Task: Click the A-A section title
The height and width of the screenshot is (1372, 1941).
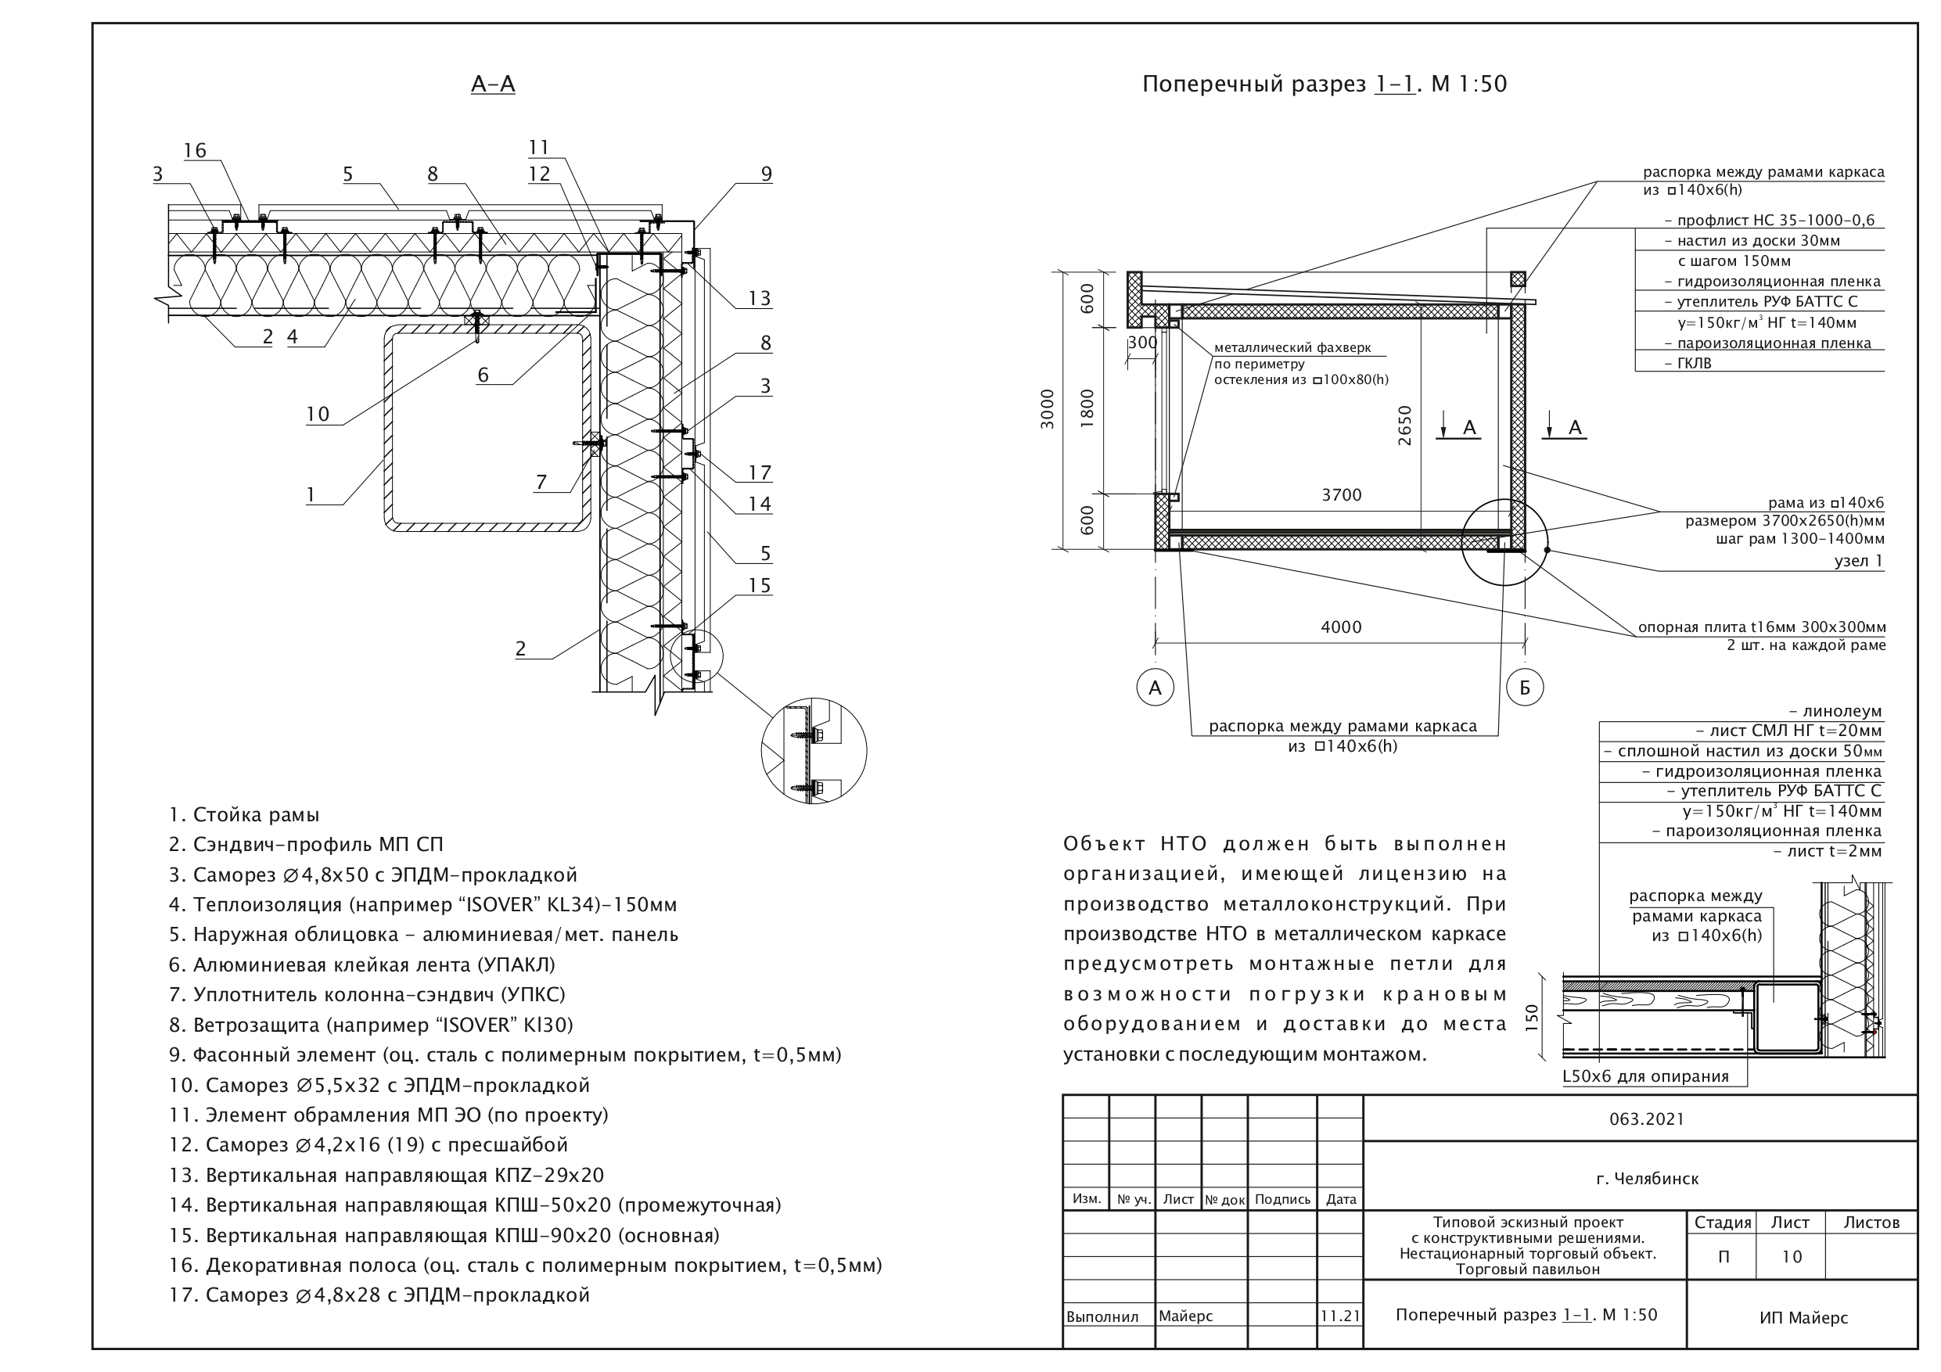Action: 493,84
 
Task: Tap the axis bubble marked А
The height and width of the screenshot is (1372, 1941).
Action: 1155,688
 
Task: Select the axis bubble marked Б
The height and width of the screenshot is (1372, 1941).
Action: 1525,688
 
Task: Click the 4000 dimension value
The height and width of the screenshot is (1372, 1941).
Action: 1341,627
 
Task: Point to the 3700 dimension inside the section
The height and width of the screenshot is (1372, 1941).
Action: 1342,495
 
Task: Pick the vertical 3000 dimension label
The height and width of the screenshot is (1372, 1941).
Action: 1048,409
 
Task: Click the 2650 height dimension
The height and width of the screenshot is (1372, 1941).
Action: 1405,426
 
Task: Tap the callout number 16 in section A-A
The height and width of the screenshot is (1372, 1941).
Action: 195,150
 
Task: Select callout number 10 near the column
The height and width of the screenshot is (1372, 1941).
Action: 318,415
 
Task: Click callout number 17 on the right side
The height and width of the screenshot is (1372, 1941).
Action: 759,473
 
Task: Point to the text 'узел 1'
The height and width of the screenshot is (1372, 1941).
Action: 1858,562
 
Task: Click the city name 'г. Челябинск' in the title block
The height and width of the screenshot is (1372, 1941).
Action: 1648,1179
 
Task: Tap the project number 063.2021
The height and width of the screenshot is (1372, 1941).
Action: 1647,1119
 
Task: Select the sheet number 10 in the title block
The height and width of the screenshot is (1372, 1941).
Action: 1792,1257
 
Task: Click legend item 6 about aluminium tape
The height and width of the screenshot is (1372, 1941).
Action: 361,964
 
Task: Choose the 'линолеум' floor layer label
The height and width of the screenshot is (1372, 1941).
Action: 1835,711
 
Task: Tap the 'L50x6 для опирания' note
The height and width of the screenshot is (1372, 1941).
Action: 1645,1076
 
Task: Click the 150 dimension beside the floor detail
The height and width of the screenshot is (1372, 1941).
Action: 1532,1017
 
